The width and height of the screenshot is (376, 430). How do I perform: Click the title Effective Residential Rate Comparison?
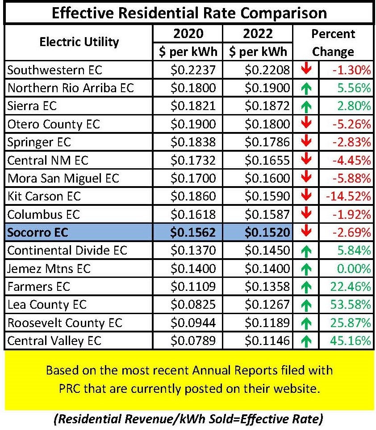[189, 12]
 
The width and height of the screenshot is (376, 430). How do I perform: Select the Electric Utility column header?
[79, 42]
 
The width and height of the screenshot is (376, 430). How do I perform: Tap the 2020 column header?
[188, 34]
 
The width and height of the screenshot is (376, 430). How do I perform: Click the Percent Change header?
[333, 43]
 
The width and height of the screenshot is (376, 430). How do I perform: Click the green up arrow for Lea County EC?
[306, 306]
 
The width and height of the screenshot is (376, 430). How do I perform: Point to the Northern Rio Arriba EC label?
[71, 88]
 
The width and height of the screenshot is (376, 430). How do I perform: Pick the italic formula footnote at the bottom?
[189, 420]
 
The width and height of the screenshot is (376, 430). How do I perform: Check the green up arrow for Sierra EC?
[306, 106]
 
